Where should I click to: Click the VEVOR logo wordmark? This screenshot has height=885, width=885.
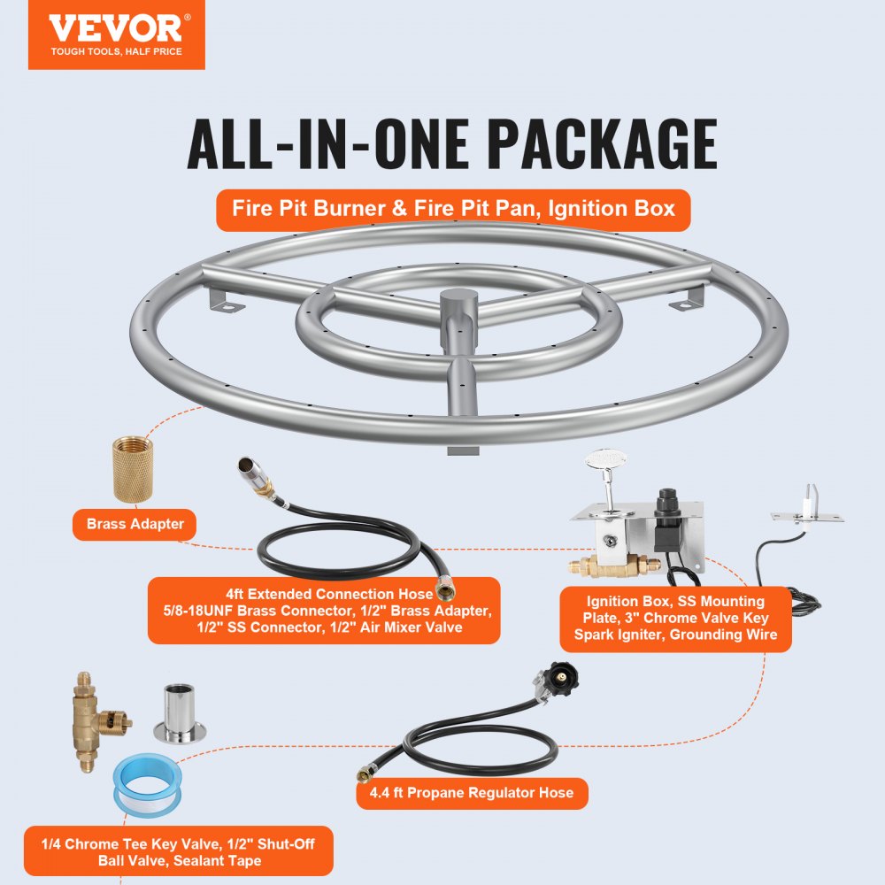115,28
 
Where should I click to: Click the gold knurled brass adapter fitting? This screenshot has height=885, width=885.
133,470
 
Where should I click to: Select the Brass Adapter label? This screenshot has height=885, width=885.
135,524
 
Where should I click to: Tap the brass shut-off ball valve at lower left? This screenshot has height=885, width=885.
95,720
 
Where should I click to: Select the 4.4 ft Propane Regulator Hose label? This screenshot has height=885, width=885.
472,792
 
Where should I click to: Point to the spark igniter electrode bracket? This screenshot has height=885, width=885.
807,510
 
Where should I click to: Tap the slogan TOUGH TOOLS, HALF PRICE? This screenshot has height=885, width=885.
116,51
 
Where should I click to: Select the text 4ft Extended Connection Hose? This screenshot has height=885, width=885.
329,594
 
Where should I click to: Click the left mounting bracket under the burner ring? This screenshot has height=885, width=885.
227,299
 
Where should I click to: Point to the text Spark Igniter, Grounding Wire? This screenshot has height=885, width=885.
675,635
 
